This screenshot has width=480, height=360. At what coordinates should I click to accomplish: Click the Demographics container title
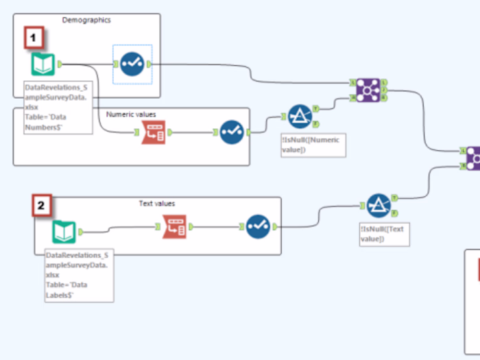point(86,20)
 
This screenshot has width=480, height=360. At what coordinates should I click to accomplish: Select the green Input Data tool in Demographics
point(43,64)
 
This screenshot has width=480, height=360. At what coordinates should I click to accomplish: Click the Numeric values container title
point(132,115)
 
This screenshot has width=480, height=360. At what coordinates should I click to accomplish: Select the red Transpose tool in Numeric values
point(154,132)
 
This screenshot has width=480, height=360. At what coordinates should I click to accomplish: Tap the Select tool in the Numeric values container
point(231,132)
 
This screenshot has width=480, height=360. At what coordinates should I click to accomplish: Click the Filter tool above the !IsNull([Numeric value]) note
point(300,117)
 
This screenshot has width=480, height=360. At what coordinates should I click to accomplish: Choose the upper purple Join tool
point(368,90)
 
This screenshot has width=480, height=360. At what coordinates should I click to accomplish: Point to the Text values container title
point(156,204)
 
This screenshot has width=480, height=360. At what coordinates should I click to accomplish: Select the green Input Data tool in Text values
point(64,232)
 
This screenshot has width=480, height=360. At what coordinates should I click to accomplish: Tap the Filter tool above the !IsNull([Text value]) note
point(378,205)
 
